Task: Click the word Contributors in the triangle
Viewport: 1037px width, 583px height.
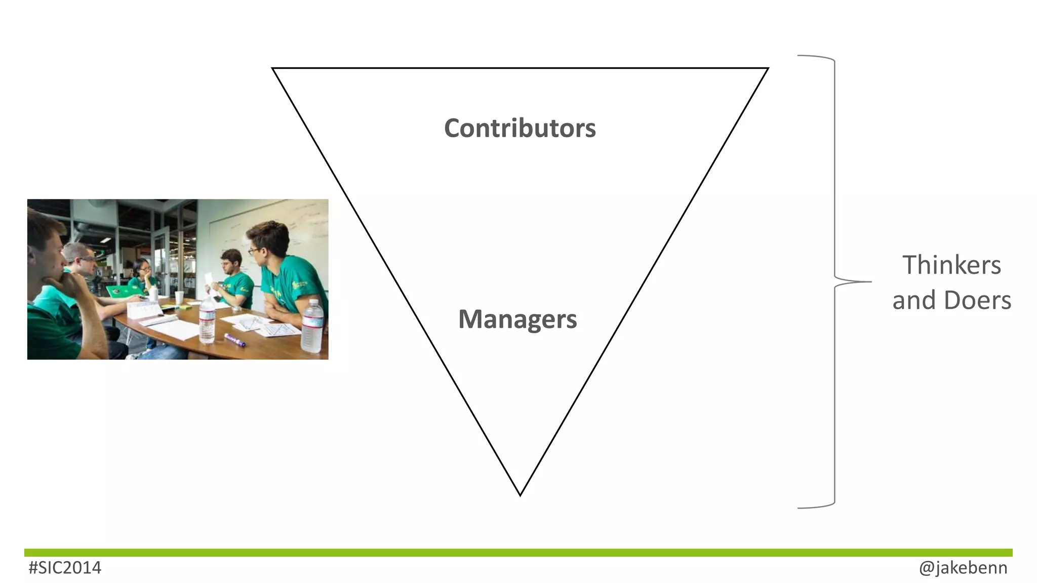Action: (520, 129)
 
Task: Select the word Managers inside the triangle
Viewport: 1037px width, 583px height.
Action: (517, 319)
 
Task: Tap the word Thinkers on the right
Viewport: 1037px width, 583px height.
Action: (951, 265)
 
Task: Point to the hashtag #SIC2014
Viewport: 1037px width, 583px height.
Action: (65, 568)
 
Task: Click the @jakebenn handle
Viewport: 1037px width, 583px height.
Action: (963, 568)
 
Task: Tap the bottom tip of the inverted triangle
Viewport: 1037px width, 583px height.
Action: (520, 494)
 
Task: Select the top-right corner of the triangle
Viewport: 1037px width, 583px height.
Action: (767, 69)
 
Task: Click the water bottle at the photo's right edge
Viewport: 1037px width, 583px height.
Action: (312, 326)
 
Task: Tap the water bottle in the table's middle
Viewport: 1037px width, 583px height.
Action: (207, 320)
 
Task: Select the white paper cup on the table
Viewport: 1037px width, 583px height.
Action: (179, 298)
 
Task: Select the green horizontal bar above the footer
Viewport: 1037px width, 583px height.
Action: (518, 553)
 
